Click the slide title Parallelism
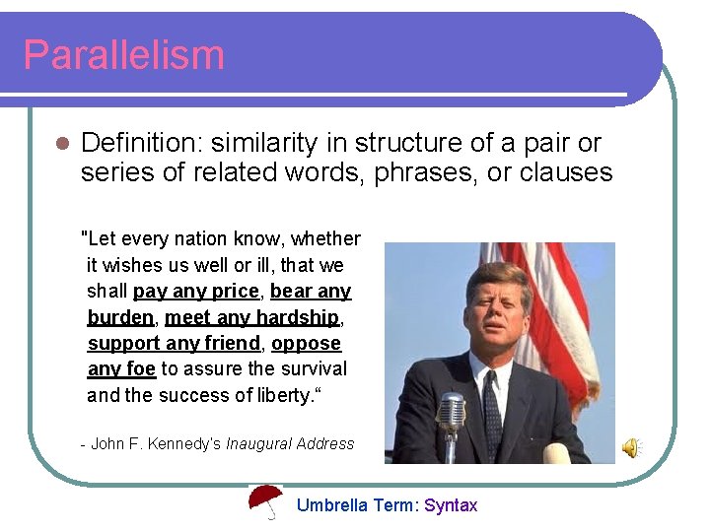(x=123, y=54)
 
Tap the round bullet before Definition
(x=60, y=145)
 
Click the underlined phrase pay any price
(x=195, y=292)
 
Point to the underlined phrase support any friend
(x=174, y=344)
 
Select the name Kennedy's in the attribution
(x=186, y=443)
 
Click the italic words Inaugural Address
(x=289, y=443)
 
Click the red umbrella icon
(x=264, y=501)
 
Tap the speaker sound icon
(x=630, y=448)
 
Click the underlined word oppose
(x=306, y=344)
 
